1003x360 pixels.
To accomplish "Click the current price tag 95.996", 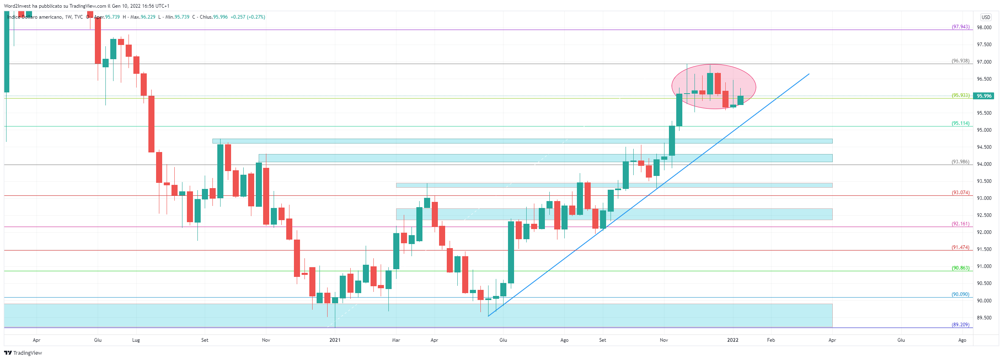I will (984, 96).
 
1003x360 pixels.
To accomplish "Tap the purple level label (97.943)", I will (960, 27).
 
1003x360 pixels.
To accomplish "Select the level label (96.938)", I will (960, 61).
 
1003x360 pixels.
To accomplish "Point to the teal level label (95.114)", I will (960, 123).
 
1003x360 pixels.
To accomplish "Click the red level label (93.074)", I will (960, 193).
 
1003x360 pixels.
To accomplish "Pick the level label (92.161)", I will (960, 224).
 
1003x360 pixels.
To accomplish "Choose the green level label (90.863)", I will (960, 268).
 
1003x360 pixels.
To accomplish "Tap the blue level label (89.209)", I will (960, 325).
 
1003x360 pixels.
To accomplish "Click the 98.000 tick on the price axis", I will (984, 28).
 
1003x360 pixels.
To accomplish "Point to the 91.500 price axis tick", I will (984, 249).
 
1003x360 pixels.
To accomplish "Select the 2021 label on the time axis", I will (335, 340).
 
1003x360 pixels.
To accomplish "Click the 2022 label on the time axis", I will (733, 340).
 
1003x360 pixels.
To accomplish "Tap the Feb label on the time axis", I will (771, 340).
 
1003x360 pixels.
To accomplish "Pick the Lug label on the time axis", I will (136, 340).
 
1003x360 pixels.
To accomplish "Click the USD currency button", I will (986, 17).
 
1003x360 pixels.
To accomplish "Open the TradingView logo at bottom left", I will (23, 353).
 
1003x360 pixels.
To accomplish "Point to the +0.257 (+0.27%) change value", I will (248, 17).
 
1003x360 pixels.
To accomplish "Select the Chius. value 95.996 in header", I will (220, 17).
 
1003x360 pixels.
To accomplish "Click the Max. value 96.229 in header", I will (148, 17).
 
